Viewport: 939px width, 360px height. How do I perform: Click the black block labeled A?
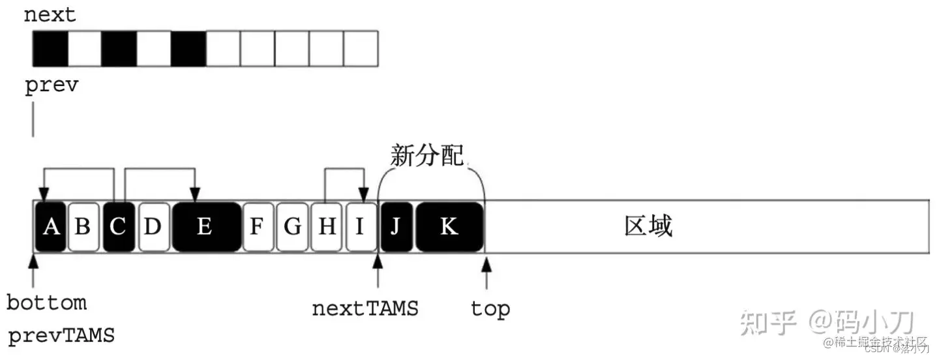click(50, 226)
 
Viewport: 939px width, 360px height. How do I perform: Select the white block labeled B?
click(83, 226)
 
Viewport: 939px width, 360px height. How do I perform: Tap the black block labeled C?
click(118, 226)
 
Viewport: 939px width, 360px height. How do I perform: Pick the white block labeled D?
click(153, 226)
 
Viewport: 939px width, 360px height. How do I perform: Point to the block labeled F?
click(258, 226)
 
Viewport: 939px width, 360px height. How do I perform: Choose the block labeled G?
click(292, 226)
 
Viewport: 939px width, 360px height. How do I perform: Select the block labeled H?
click(327, 226)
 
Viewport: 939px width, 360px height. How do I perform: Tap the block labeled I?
click(361, 226)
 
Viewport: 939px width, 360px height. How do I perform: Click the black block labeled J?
click(396, 226)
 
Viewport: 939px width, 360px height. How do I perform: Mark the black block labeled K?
click(449, 226)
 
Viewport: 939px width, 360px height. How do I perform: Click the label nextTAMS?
click(365, 308)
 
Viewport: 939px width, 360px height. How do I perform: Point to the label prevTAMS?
click(61, 337)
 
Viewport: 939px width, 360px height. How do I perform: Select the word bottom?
click(46, 303)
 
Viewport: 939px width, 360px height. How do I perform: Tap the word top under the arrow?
click(490, 308)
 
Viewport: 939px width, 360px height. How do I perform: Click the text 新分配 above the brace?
click(427, 156)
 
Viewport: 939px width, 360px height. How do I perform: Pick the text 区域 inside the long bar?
click(648, 226)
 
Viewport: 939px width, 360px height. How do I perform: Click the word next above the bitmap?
click(50, 15)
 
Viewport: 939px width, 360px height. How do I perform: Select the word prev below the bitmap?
click(51, 86)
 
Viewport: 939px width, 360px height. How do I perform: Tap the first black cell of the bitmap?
click(50, 49)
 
